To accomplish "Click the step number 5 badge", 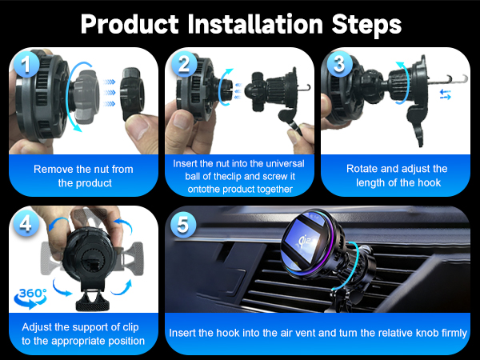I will (x=183, y=226).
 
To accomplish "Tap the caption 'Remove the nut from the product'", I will (x=83, y=176).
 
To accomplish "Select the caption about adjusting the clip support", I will (x=83, y=334).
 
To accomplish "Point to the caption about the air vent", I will (x=318, y=332).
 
